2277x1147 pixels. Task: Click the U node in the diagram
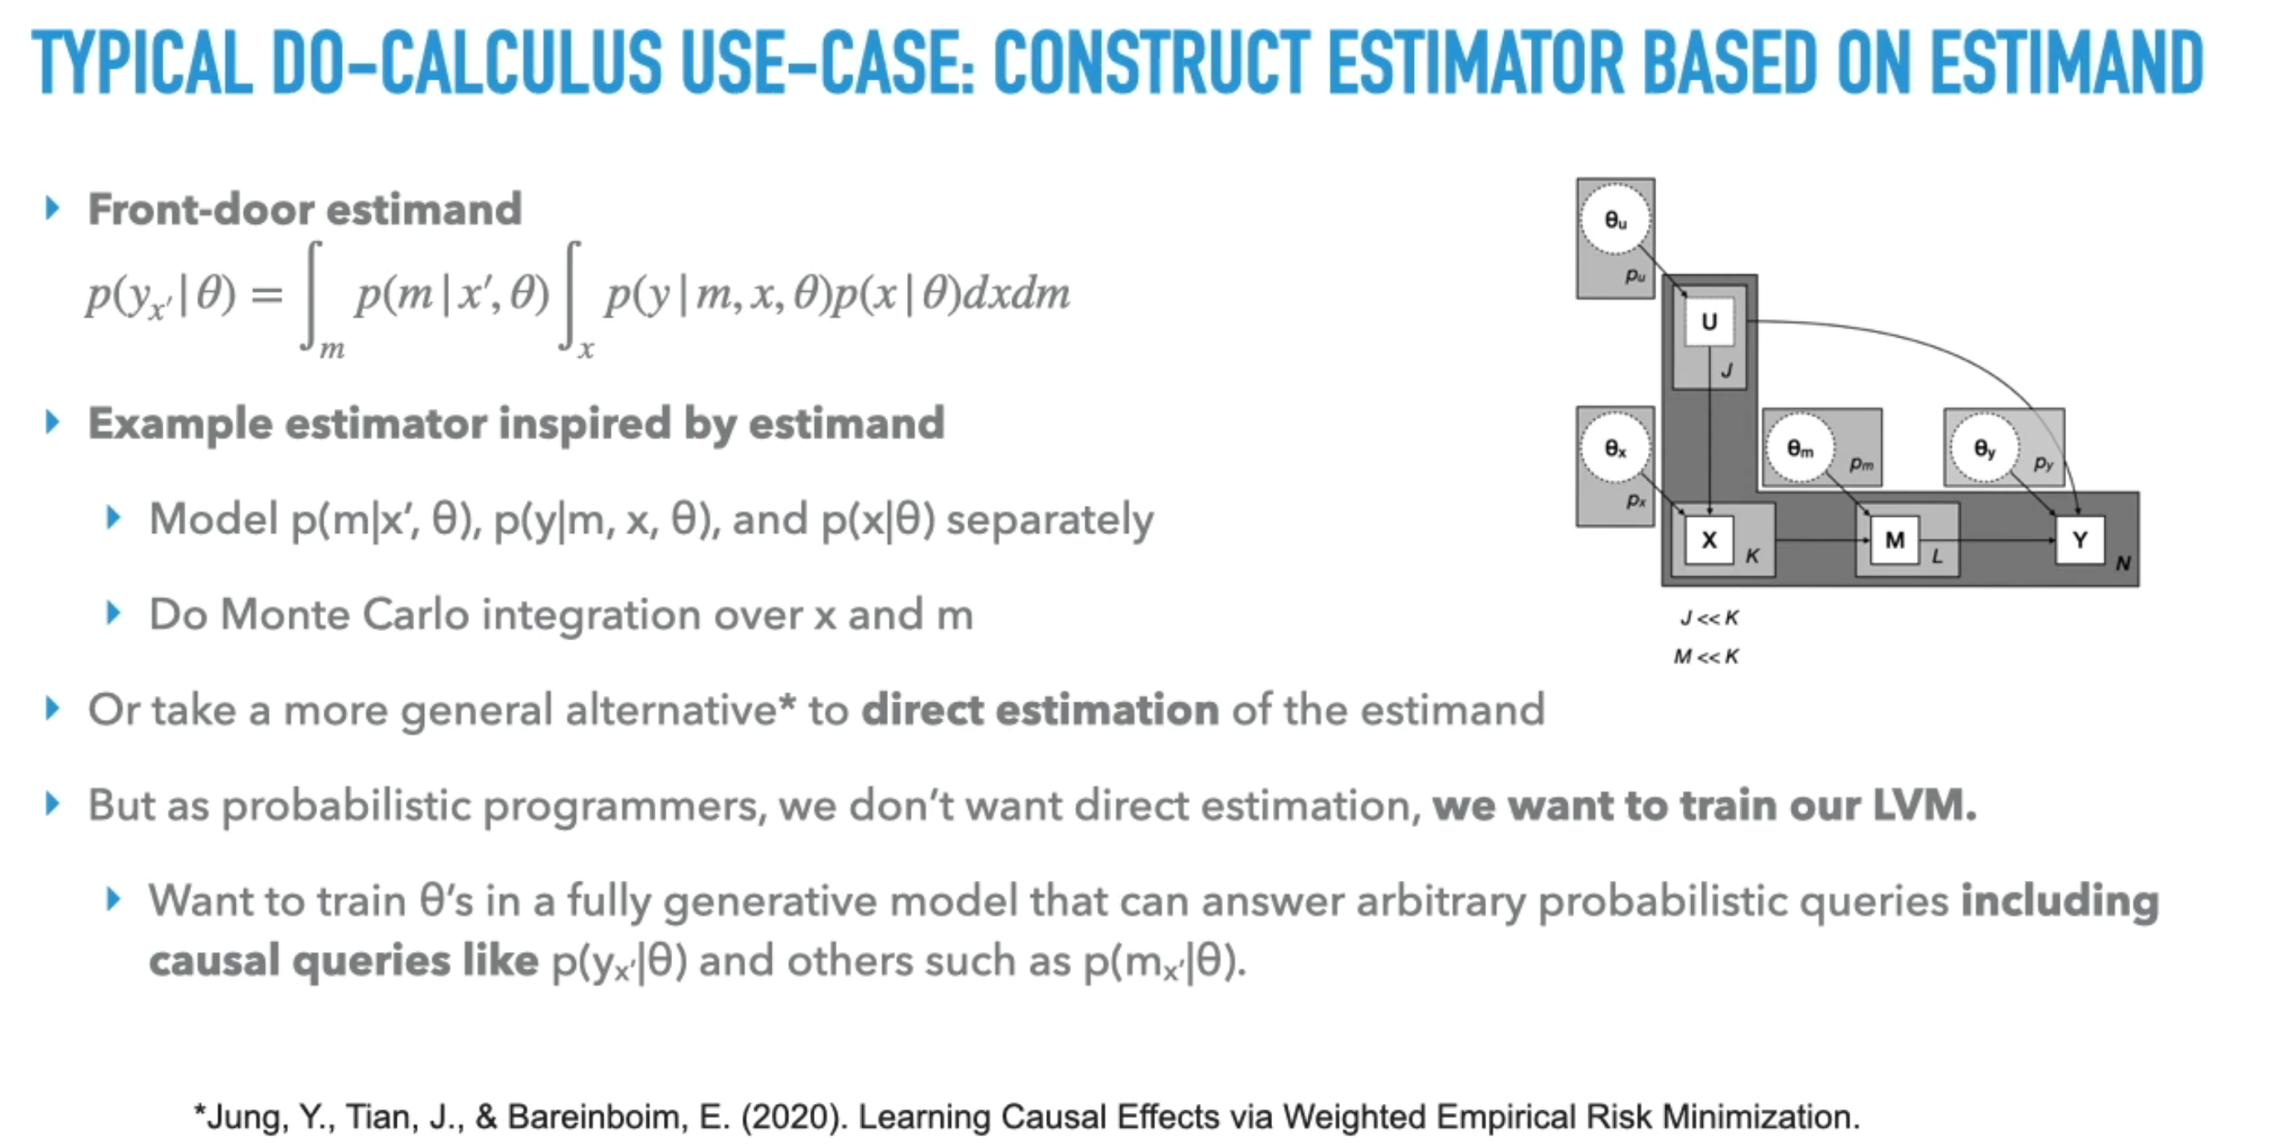[1709, 322]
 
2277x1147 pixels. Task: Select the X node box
[1709, 540]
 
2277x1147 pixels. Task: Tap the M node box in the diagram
[1894, 540]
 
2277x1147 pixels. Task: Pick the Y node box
[2080, 540]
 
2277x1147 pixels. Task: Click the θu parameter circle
[1616, 220]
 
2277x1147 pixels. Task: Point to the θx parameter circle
[1616, 449]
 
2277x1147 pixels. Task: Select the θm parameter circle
[1800, 449]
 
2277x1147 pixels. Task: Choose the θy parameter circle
[1984, 449]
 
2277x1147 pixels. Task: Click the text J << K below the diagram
[1709, 618]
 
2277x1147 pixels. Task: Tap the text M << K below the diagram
[1707, 657]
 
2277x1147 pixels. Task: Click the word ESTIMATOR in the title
[1476, 62]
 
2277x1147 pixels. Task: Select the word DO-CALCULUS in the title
[466, 62]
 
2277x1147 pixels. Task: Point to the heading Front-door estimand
[305, 210]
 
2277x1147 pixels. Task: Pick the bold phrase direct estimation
[1041, 710]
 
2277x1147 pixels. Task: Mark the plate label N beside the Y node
[2123, 563]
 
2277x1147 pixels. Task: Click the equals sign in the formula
[267, 294]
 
